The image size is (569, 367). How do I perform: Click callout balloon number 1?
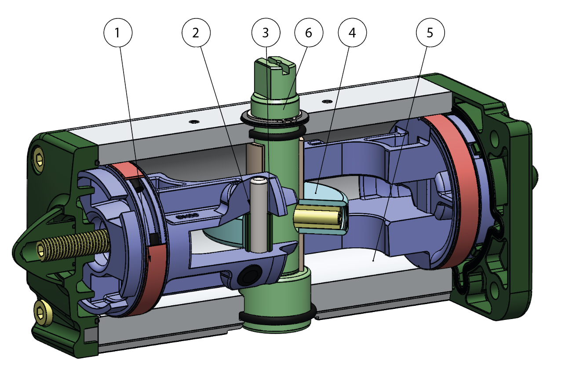[x=117, y=33]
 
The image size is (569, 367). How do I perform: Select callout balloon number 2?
[x=196, y=33]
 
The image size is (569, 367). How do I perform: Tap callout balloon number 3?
[x=266, y=33]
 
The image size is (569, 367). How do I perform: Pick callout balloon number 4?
[x=352, y=33]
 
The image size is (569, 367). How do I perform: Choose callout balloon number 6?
[x=309, y=33]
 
